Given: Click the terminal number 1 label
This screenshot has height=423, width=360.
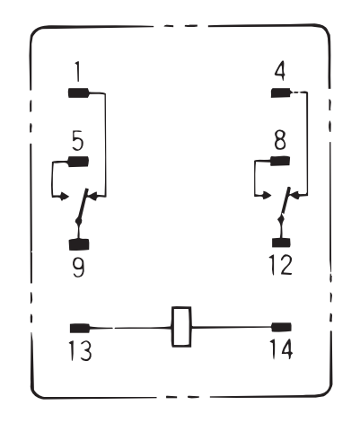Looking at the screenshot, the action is (x=77, y=72).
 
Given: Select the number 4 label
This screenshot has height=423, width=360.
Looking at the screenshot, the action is (x=280, y=71).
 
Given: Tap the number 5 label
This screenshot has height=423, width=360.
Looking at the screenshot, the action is (x=78, y=141).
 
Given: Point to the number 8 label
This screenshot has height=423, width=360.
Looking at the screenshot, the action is (x=280, y=140).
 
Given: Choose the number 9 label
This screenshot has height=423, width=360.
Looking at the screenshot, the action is (x=79, y=268).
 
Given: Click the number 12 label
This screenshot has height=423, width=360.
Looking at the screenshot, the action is (x=280, y=265).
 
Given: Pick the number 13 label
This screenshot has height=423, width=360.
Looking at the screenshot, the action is (x=80, y=350).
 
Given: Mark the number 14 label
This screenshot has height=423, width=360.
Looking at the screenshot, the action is (x=281, y=349).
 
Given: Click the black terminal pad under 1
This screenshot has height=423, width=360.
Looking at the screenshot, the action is (x=79, y=93).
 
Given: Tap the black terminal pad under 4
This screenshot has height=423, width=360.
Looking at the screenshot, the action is (x=281, y=93).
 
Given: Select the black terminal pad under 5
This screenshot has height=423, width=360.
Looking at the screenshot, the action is (x=79, y=162).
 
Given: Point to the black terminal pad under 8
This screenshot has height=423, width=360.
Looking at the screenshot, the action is (x=280, y=161).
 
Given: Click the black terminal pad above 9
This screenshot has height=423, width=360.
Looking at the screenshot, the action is (x=79, y=244).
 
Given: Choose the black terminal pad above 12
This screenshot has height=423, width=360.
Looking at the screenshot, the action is (x=281, y=242).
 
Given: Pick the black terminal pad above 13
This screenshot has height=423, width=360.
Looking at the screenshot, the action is (x=80, y=329).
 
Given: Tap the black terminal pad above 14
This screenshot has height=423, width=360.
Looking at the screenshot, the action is (x=281, y=327).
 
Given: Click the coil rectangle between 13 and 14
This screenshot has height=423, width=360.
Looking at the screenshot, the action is (x=181, y=327).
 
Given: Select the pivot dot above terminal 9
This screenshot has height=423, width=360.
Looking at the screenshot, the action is (x=79, y=222).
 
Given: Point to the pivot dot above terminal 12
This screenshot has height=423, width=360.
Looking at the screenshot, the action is (x=281, y=219).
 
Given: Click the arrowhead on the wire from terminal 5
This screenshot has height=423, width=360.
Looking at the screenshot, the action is (x=65, y=197).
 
